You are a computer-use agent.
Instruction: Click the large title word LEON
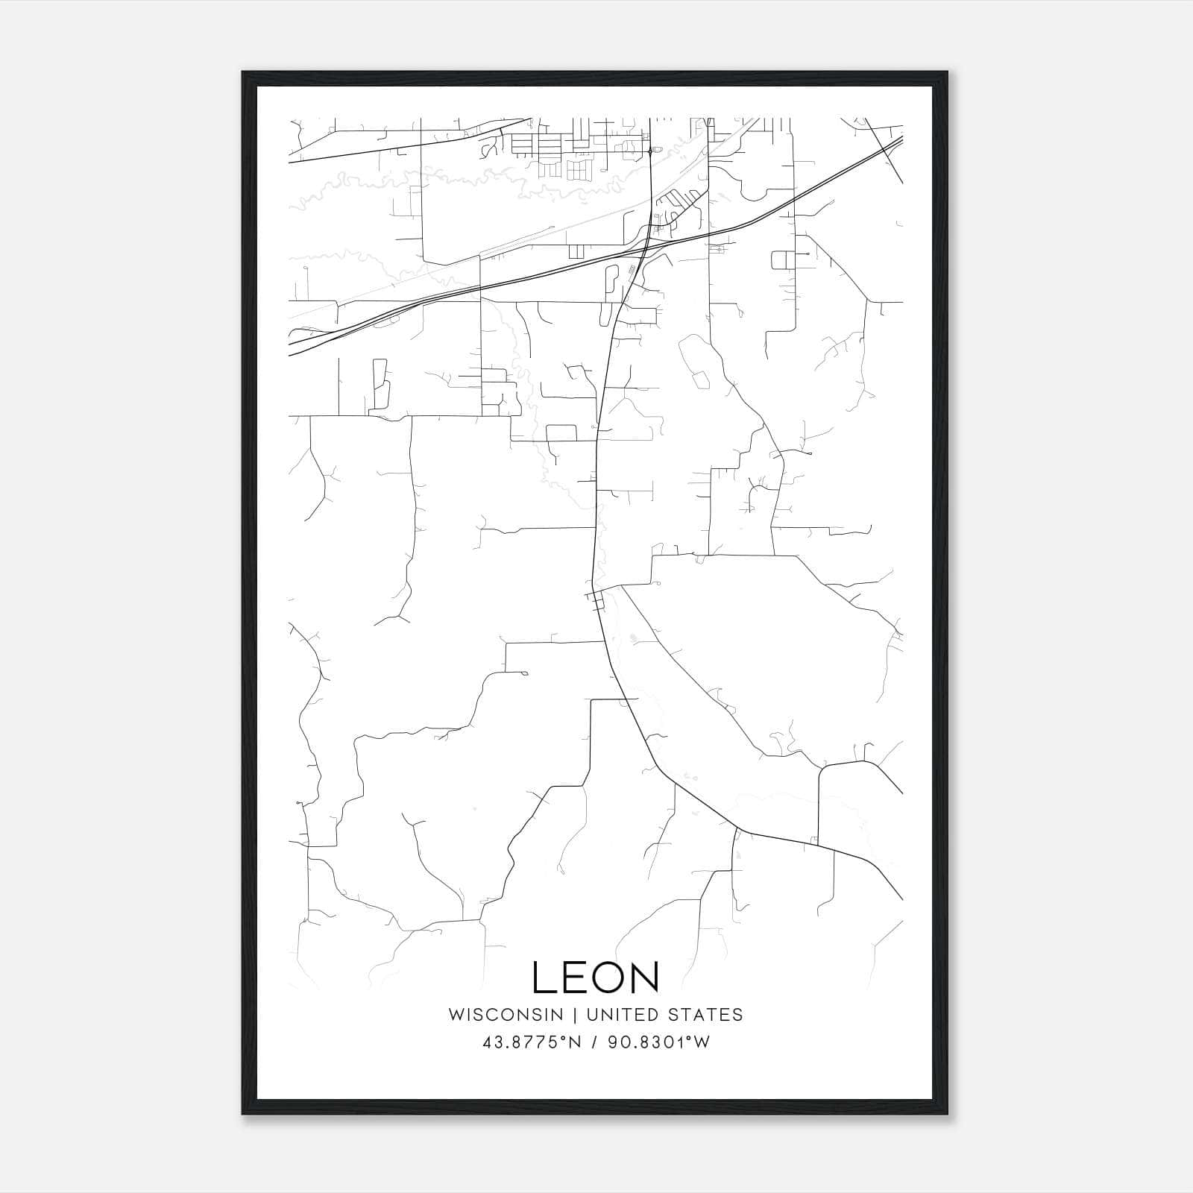click(596, 978)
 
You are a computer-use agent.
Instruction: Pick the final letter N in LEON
click(646, 978)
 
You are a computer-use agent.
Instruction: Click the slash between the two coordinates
click(594, 1042)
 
